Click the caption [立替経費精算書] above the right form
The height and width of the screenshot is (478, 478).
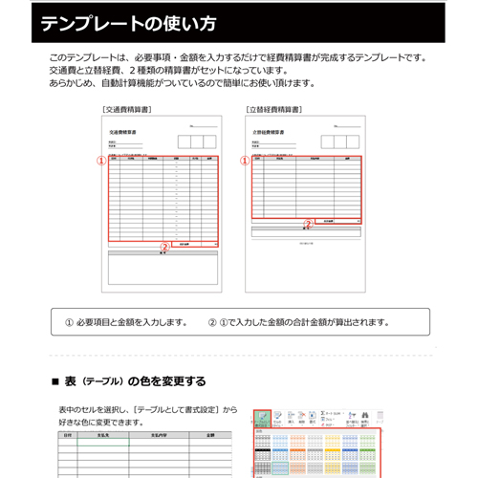(x=276, y=110)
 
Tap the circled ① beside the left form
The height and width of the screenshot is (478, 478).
(x=101, y=162)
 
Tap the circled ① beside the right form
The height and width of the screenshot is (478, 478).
(x=244, y=162)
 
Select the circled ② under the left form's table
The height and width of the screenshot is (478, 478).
(x=164, y=247)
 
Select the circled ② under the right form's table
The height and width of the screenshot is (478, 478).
(x=307, y=225)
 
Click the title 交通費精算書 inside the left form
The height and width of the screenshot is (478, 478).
(x=123, y=133)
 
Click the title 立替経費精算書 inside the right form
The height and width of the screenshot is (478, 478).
(x=269, y=133)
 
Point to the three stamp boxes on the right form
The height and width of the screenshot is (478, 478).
(x=340, y=141)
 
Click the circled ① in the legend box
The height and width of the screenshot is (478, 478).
(x=69, y=322)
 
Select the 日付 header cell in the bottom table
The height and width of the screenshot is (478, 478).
(x=66, y=435)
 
